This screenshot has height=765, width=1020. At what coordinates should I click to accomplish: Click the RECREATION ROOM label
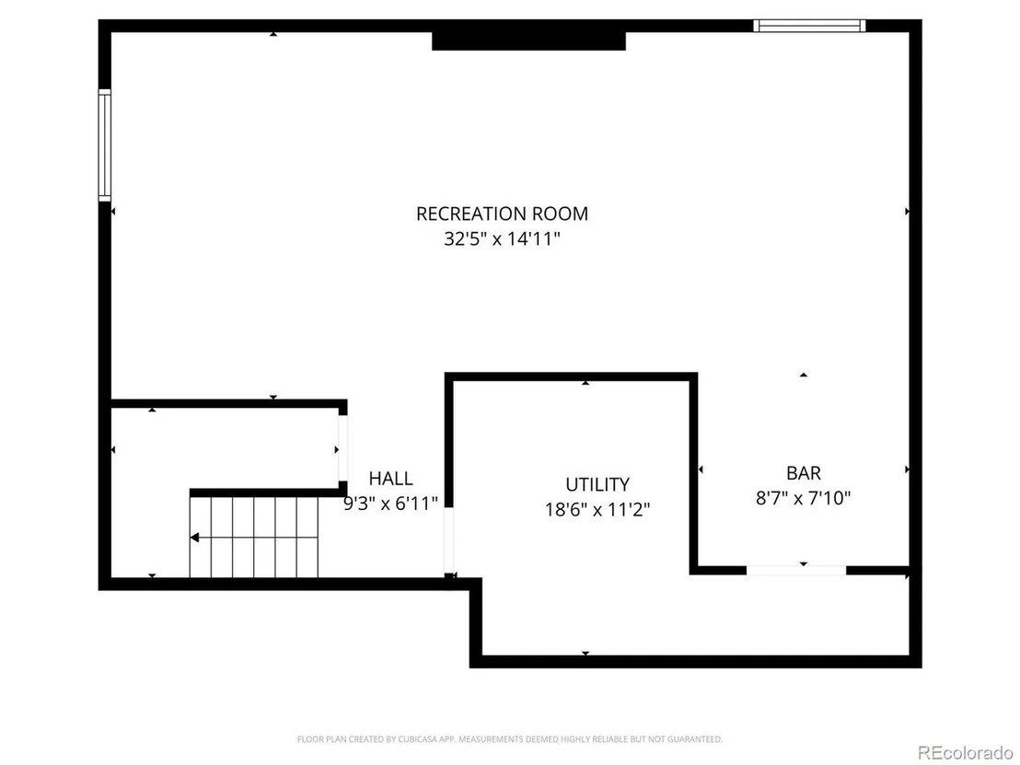(x=502, y=214)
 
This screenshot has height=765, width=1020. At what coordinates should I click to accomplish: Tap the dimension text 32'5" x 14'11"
(x=502, y=238)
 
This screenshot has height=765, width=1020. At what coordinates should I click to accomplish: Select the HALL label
(x=390, y=478)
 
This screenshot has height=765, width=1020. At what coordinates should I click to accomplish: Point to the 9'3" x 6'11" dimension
(x=390, y=503)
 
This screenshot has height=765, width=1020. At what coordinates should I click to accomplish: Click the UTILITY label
(x=597, y=484)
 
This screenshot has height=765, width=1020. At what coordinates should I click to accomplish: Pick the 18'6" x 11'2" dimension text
(x=597, y=509)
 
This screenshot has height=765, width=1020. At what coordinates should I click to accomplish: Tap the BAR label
(x=804, y=473)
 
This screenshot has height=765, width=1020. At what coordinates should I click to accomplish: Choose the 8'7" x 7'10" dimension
(x=804, y=498)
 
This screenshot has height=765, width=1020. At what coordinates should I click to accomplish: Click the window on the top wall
(x=809, y=26)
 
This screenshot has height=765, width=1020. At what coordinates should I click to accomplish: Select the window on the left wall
(x=105, y=145)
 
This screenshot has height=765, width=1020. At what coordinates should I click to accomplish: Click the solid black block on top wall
(x=528, y=41)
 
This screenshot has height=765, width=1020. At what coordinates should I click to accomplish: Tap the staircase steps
(x=254, y=538)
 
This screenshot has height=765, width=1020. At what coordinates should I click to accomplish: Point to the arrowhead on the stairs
(x=194, y=538)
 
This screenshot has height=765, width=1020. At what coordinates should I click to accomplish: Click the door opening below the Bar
(x=796, y=571)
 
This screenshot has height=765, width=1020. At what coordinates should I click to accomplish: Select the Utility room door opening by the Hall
(x=449, y=540)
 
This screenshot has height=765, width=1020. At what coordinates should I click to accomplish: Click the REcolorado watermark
(x=965, y=753)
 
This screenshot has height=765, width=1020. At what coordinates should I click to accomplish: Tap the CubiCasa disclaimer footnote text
(x=510, y=739)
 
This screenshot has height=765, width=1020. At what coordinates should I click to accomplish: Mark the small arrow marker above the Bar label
(x=804, y=375)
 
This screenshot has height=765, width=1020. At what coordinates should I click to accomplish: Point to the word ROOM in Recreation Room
(x=560, y=214)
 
